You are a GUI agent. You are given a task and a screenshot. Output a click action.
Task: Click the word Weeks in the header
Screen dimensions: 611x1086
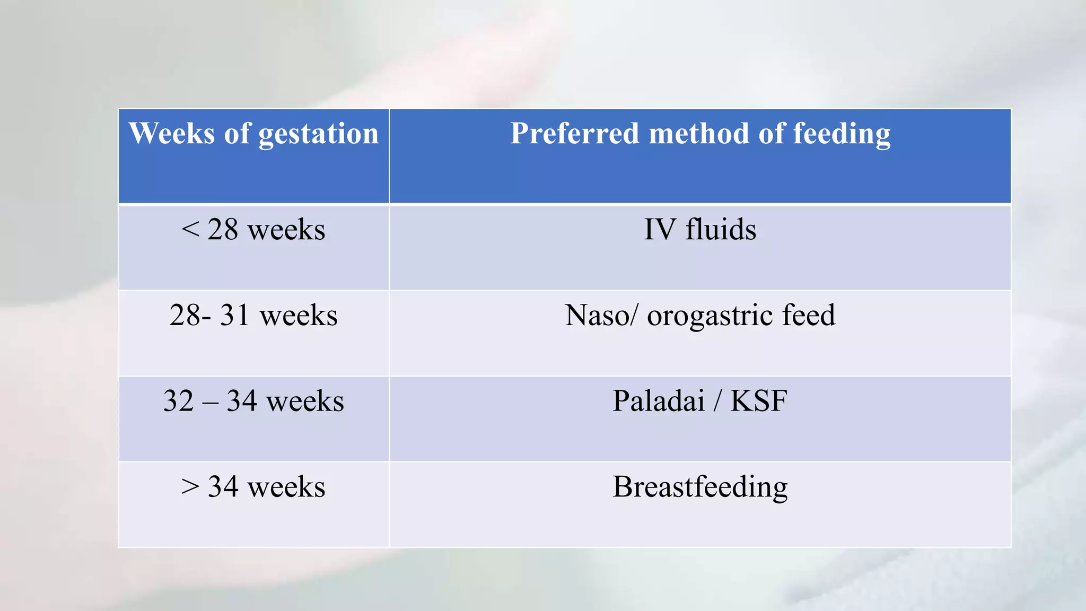[x=172, y=133]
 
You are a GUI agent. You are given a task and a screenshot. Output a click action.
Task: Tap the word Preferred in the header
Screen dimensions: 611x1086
[x=574, y=133]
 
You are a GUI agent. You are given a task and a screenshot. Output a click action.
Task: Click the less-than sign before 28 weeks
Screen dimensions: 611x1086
[x=190, y=230]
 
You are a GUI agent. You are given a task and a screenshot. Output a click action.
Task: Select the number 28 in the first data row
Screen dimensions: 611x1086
[x=222, y=230]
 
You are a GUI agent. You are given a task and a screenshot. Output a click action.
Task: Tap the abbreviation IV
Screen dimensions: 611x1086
[x=660, y=230]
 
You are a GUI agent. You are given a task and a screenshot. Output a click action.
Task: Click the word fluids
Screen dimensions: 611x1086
[x=721, y=230]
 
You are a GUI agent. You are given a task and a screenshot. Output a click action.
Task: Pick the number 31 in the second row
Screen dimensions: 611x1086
[x=234, y=316]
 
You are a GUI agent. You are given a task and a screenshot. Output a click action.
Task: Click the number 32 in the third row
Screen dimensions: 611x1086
[x=178, y=401]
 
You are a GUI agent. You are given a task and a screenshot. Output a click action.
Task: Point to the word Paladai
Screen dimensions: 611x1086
[x=659, y=401]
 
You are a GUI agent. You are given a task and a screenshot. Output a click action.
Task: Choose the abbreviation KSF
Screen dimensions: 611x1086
[x=758, y=401]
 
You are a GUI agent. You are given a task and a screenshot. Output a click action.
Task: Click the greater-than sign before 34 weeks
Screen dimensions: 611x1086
[x=190, y=487]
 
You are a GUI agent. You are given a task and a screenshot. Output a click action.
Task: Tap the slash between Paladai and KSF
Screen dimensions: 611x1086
[x=717, y=402]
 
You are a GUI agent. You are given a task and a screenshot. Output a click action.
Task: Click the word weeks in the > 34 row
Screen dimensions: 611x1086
[x=286, y=487]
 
